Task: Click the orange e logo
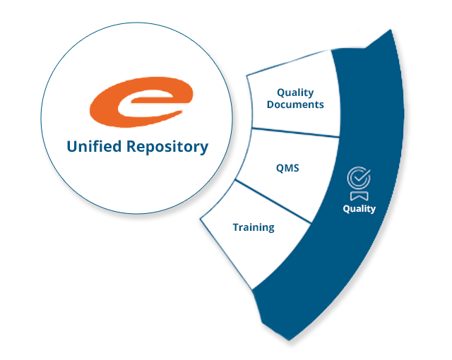[140, 102]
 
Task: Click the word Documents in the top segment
[295, 104]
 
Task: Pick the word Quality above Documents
[295, 92]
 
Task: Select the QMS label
[287, 167]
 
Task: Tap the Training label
[254, 227]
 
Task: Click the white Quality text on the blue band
[359, 208]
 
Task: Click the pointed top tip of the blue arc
[390, 28]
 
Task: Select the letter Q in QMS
[279, 167]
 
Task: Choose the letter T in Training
[235, 227]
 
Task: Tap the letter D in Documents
[270, 104]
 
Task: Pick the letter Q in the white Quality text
[347, 208]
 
